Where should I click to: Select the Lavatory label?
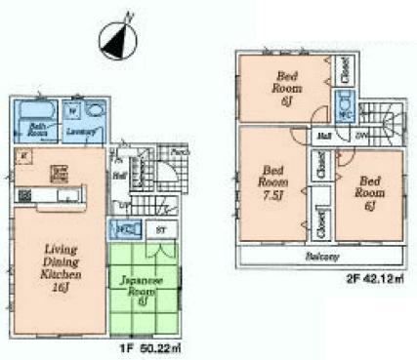tap(81, 130)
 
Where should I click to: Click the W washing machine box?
tap(71, 109)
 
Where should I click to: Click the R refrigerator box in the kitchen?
tap(23, 156)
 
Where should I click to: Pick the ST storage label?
tap(159, 229)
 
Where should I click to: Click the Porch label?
tap(179, 152)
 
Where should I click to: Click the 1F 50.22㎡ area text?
tap(148, 345)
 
